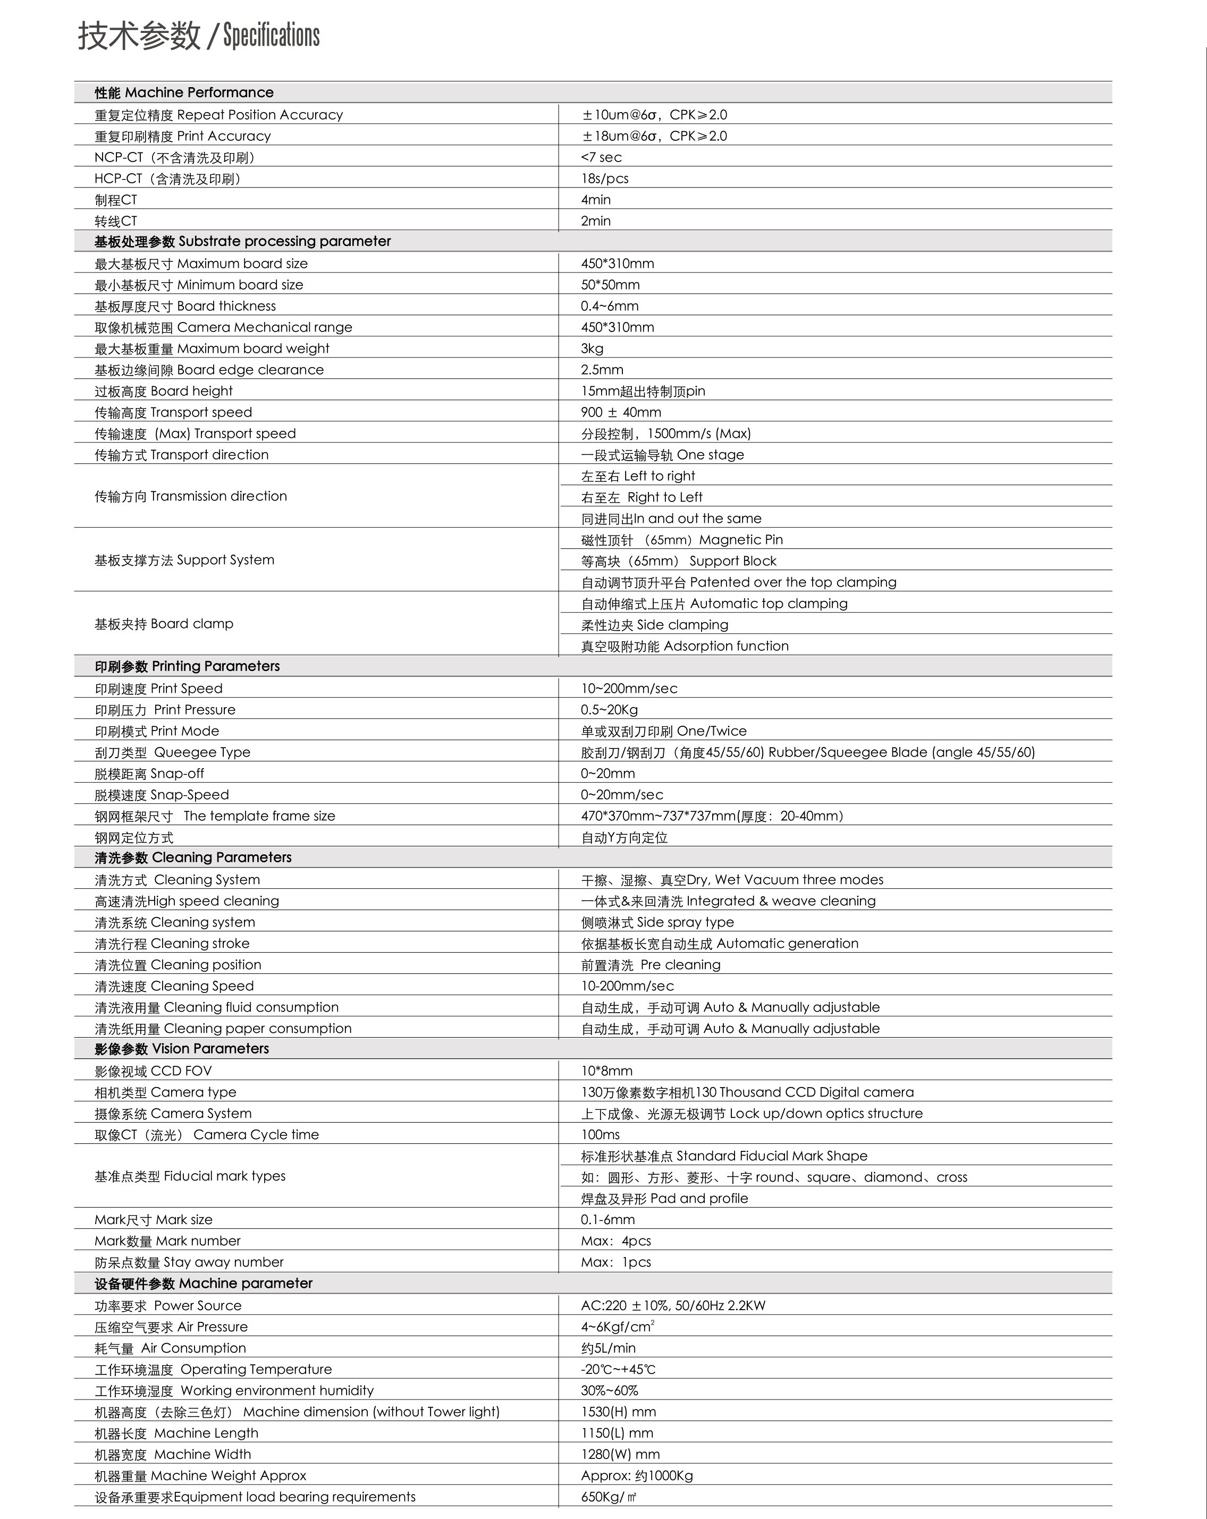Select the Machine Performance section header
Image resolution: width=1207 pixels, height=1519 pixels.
point(184,92)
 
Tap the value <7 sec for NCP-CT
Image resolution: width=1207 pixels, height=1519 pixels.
point(601,157)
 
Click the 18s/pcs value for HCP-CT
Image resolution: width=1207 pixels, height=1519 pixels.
point(604,178)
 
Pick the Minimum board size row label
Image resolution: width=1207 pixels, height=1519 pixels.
point(199,285)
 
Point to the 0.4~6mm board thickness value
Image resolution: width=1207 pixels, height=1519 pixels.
point(610,306)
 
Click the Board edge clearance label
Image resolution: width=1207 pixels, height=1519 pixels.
point(209,369)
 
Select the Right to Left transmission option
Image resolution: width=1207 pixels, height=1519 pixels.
point(642,497)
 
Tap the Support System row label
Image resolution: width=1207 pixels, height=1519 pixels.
point(184,560)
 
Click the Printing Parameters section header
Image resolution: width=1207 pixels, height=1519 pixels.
point(188,666)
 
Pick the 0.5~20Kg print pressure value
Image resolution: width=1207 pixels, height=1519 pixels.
point(610,709)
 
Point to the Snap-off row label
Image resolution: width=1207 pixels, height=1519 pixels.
point(149,773)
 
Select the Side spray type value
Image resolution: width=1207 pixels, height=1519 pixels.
point(657,922)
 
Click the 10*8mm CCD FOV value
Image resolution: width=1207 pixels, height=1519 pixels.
point(606,1071)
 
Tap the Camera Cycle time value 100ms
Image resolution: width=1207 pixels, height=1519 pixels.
point(601,1134)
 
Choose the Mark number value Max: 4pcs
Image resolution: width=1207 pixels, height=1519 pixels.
point(616,1241)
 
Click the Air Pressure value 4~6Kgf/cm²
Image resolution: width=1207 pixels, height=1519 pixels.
point(617,1327)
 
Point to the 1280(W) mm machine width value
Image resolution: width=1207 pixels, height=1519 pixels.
point(620,1454)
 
